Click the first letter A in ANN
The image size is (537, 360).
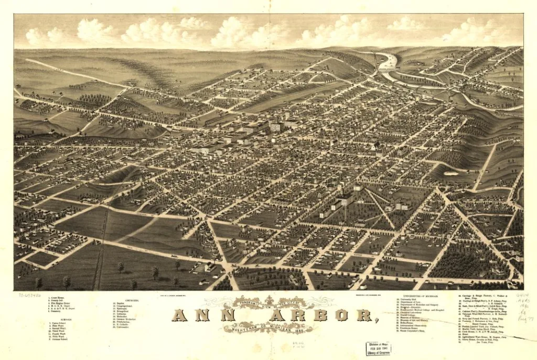point(179,315)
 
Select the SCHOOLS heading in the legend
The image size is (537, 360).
point(52,319)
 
